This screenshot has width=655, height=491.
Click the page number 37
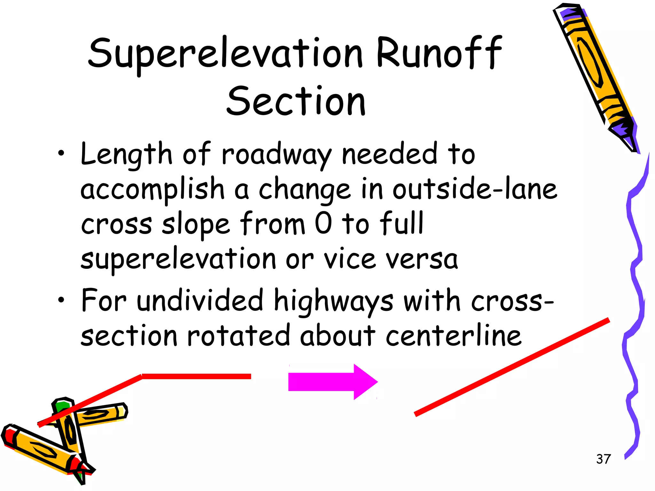tap(603, 459)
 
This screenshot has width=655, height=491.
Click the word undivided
tap(200, 300)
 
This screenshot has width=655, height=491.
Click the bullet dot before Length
tap(61, 153)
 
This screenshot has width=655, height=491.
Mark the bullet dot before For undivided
tap(61, 300)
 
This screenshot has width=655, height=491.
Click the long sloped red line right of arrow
tap(512, 367)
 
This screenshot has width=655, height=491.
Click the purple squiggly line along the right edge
tap(635, 288)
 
